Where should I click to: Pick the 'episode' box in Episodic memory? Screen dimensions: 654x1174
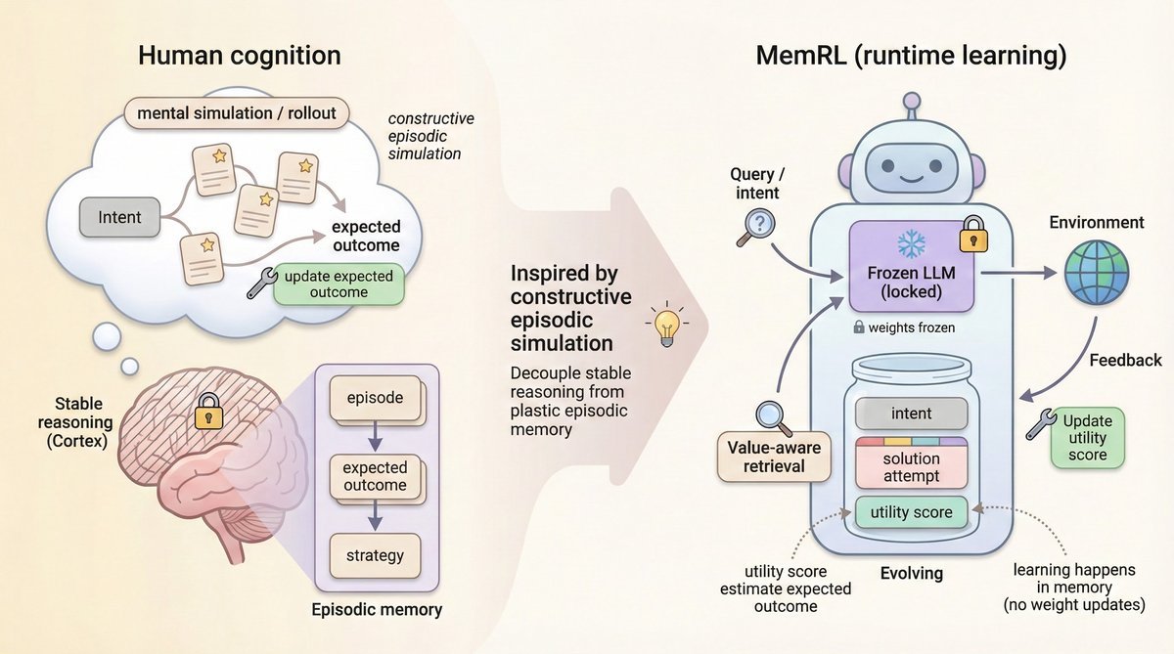click(x=375, y=399)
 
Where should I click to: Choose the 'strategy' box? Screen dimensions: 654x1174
click(x=375, y=555)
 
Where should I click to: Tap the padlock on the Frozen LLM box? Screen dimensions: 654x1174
click(x=971, y=234)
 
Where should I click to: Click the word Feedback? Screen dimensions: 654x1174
click(x=1124, y=360)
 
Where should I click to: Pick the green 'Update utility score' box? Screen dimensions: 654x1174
click(x=1087, y=438)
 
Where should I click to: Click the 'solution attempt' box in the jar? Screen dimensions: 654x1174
click(x=911, y=466)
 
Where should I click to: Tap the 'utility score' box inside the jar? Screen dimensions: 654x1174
click(x=911, y=511)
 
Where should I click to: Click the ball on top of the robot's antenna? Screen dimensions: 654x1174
click(x=911, y=100)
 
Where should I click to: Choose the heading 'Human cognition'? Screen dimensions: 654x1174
click(x=240, y=56)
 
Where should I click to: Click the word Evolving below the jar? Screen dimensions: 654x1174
click(x=911, y=574)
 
